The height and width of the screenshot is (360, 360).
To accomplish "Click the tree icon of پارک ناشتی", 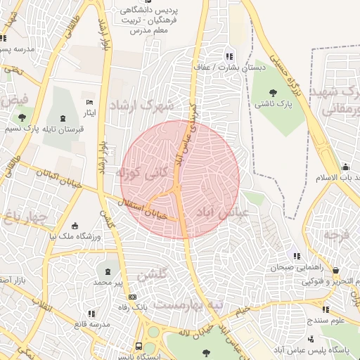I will click(x=273, y=93).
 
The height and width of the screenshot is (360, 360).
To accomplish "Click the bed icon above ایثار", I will click(x=89, y=103).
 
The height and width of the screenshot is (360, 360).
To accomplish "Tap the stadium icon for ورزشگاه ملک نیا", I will click(x=76, y=226).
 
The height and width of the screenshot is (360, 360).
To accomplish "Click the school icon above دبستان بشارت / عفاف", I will click(x=229, y=56).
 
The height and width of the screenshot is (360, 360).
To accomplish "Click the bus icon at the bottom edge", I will click(x=139, y=347).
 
